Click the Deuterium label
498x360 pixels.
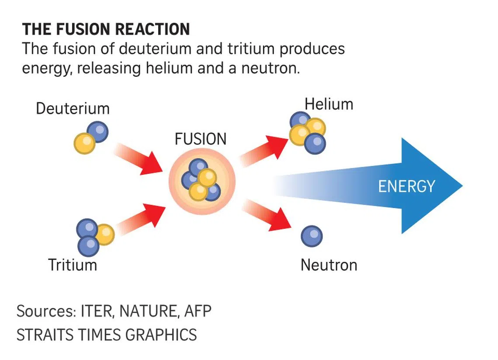point(73,108)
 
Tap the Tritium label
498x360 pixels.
point(73,265)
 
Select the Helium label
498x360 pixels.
point(329,104)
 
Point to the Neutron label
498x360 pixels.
point(329,265)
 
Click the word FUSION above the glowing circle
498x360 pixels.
point(201,139)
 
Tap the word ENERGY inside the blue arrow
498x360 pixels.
point(406,186)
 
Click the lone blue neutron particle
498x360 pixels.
point(311,236)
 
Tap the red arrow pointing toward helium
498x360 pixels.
point(264,149)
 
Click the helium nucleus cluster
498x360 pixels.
point(308,132)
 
